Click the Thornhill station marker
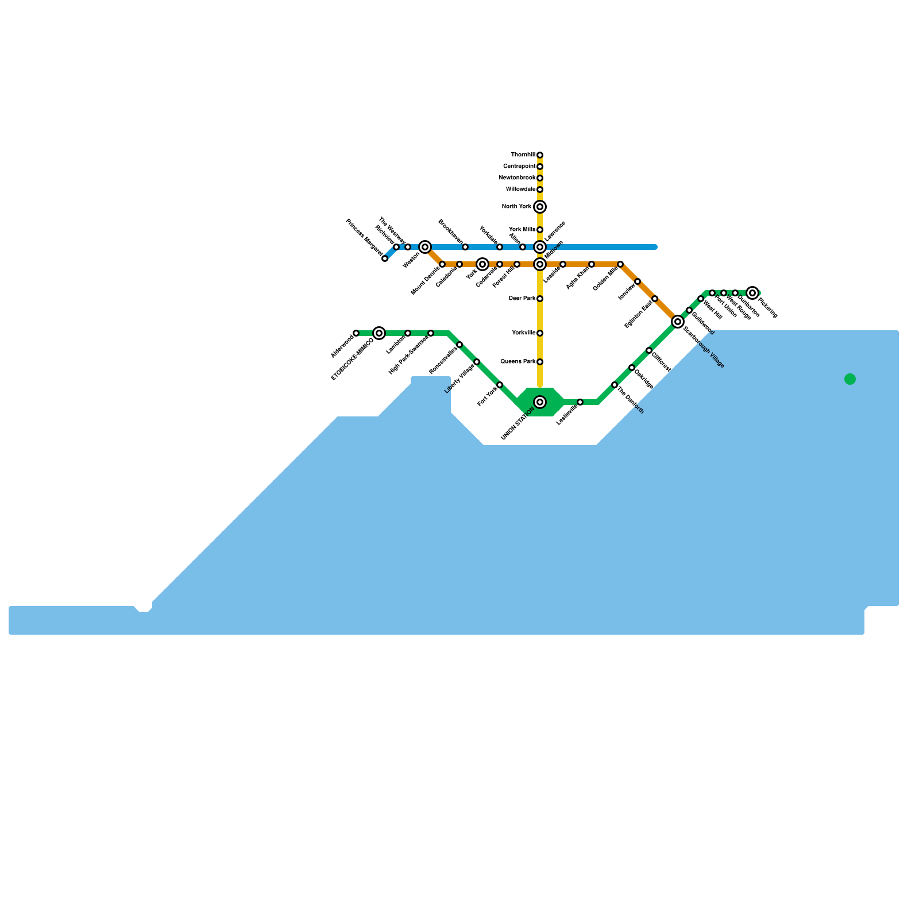click(540, 155)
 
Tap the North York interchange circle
click(540, 207)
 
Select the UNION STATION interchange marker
click(540, 402)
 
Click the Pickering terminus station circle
click(752, 293)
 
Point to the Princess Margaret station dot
click(385, 258)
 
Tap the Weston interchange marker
click(425, 247)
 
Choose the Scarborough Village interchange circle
click(678, 322)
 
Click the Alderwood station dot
click(356, 333)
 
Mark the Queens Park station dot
click(540, 362)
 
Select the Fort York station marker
click(500, 385)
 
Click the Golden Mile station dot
click(620, 264)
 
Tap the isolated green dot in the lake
click(850, 379)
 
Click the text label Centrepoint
click(519, 167)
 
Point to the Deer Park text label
click(522, 299)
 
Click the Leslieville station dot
click(580, 402)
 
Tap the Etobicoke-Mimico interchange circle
click(379, 333)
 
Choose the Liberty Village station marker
click(477, 362)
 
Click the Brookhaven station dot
click(465, 247)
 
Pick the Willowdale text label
click(520, 190)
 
